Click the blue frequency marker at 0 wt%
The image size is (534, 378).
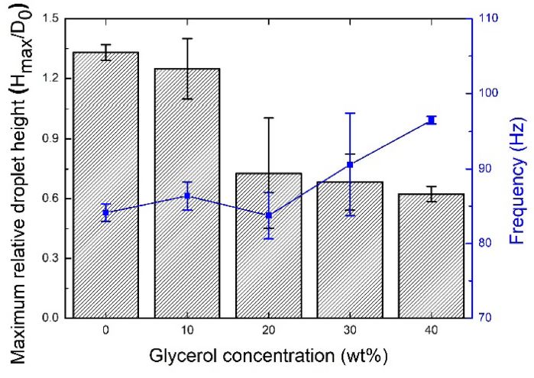tap(105, 212)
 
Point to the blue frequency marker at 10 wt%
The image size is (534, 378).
tap(187, 196)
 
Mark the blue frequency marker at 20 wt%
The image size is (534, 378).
tap(268, 215)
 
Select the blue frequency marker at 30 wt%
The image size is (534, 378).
tap(350, 165)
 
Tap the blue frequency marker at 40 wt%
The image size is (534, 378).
tap(431, 120)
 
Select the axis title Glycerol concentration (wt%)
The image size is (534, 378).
tap(269, 357)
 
